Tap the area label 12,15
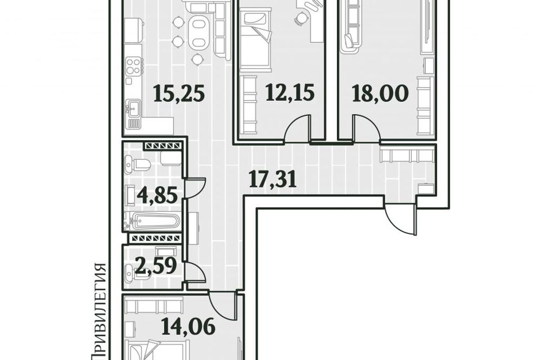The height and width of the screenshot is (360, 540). [290, 93]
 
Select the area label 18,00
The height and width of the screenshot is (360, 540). [380, 93]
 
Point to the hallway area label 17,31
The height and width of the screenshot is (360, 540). [273, 180]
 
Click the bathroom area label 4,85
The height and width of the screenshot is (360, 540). [157, 195]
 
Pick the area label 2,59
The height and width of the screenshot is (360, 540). [156, 265]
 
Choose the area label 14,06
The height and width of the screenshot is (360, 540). [189, 327]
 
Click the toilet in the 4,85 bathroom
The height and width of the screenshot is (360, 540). [138, 164]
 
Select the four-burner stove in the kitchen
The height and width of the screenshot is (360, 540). [134, 66]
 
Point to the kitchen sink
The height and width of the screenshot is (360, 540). [133, 109]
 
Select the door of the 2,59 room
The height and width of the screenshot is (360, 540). [196, 271]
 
